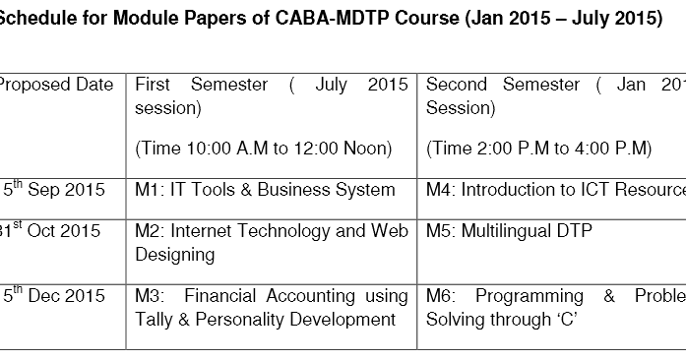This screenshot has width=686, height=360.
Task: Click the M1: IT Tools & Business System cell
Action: click(x=265, y=190)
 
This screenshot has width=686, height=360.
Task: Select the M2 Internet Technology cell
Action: click(x=271, y=242)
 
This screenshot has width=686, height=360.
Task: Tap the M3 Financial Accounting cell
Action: click(x=271, y=307)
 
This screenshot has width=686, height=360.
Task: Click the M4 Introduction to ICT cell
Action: click(x=555, y=190)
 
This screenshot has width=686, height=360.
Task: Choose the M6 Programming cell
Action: click(x=555, y=307)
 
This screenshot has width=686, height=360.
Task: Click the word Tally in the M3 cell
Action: click(x=156, y=319)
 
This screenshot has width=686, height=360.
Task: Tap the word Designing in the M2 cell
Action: click(x=174, y=255)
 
